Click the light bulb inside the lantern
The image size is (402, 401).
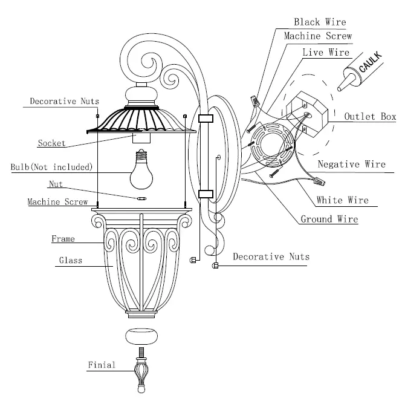click(141, 172)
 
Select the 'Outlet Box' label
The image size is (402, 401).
click(369, 117)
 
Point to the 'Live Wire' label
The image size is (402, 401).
click(326, 53)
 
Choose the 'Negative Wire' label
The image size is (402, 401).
click(351, 164)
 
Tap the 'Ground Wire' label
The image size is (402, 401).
click(329, 219)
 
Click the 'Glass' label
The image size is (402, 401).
click(70, 261)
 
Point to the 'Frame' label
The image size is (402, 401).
click(63, 239)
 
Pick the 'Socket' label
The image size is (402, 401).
click(51, 143)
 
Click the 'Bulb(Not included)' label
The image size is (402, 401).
click(51, 166)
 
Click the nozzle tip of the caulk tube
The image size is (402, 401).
click(341, 90)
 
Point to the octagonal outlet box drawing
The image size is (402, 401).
click(305, 115)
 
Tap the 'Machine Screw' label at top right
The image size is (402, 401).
click(317, 37)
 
